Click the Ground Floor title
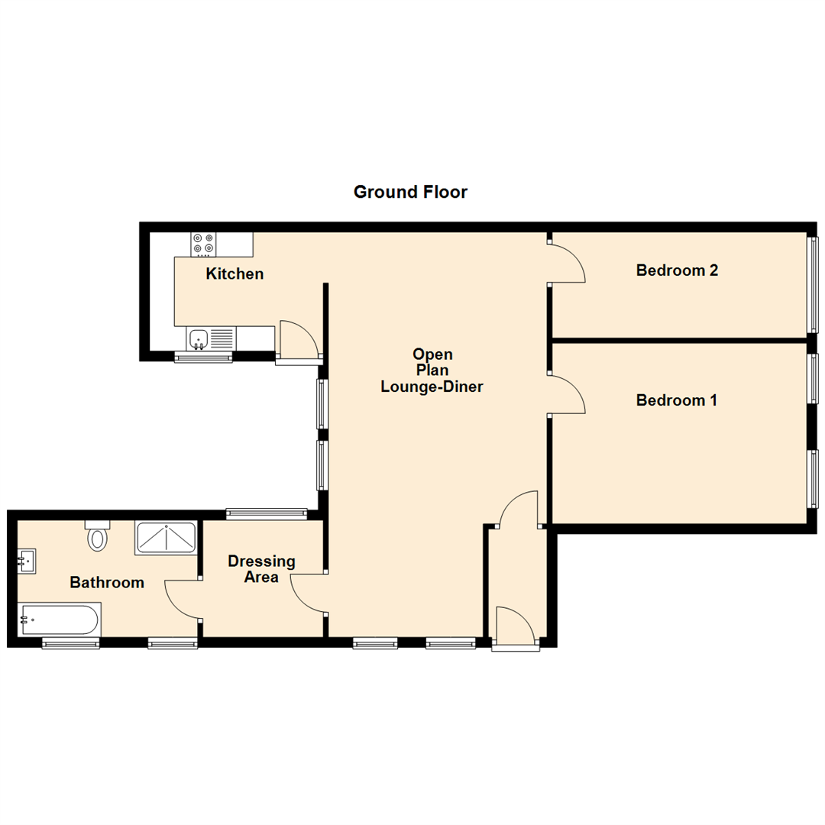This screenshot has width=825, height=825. [x=410, y=192]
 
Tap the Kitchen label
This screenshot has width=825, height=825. [x=235, y=273]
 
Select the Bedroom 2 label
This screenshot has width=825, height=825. [x=676, y=270]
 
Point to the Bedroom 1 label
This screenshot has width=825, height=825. [x=676, y=400]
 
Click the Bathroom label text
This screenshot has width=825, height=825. [x=107, y=583]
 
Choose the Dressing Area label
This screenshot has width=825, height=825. [x=261, y=569]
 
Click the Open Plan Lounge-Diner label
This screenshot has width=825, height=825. [x=432, y=370]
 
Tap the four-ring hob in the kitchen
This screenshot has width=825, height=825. [x=203, y=244]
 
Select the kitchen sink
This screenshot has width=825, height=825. [x=199, y=337]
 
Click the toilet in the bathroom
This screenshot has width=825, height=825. [x=97, y=537]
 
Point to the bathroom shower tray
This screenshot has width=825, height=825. [x=166, y=539]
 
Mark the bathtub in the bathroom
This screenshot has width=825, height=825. [x=59, y=619]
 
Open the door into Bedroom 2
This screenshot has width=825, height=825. [x=567, y=264]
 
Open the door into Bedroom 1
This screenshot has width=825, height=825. [x=567, y=395]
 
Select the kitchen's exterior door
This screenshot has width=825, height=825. [x=298, y=340]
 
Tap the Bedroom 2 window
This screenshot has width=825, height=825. [x=814, y=284]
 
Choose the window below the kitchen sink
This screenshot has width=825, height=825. [x=203, y=357]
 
